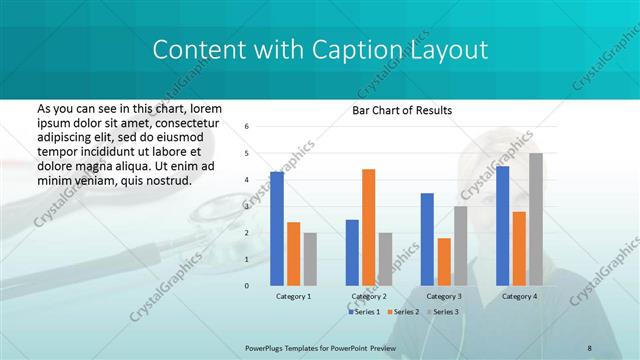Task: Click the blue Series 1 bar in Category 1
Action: pyautogui.click(x=276, y=229)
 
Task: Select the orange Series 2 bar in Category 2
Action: pyautogui.click(x=368, y=227)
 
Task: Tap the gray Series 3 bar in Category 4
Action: pyautogui.click(x=536, y=219)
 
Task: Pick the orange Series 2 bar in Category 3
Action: pyautogui.click(x=444, y=262)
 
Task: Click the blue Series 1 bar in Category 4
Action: pyautogui.click(x=502, y=226)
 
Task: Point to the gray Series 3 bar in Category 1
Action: pyautogui.click(x=310, y=259)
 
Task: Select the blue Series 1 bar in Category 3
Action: pyautogui.click(x=427, y=239)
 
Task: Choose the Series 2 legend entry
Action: pyautogui.click(x=403, y=312)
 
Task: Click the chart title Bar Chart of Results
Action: pyautogui.click(x=402, y=110)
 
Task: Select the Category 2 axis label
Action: pyautogui.click(x=368, y=297)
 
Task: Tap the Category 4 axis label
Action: pyautogui.click(x=519, y=297)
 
